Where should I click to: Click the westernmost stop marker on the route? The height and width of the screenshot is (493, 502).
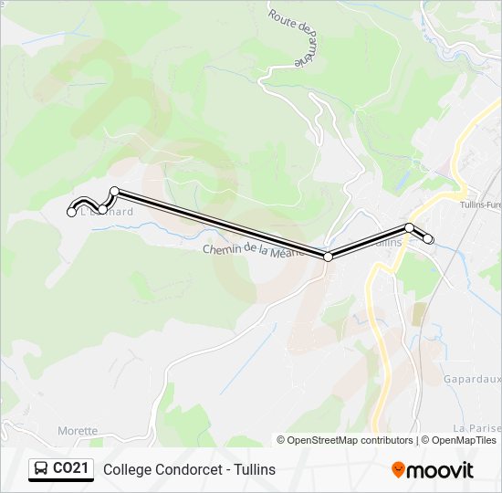(x=72, y=213)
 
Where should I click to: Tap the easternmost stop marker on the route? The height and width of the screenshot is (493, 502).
(x=428, y=240)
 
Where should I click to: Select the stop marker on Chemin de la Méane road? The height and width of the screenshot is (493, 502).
(x=328, y=257)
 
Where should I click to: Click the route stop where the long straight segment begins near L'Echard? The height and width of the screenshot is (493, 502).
(x=115, y=191)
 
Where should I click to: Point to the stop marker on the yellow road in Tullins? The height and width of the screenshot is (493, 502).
(x=410, y=227)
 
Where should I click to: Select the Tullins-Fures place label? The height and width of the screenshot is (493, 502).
(x=481, y=205)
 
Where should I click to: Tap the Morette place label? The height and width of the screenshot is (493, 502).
(x=78, y=430)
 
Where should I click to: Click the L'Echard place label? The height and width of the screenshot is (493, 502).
(x=108, y=212)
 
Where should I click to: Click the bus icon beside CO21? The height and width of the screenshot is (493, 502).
(x=41, y=469)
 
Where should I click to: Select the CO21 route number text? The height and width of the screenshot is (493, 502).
(x=71, y=469)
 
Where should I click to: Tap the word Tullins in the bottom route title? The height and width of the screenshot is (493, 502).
(x=253, y=470)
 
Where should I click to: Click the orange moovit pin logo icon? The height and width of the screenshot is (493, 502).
(x=398, y=470)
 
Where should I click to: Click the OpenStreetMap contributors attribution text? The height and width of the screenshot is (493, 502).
(x=350, y=440)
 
